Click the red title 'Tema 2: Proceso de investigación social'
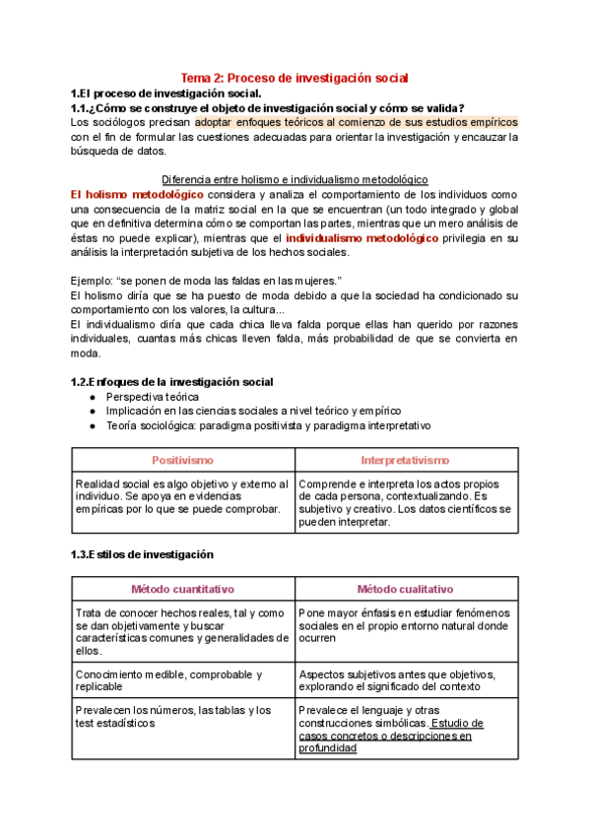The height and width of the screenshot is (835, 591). pyautogui.click(x=295, y=77)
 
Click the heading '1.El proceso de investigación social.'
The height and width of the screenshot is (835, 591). pyautogui.click(x=158, y=93)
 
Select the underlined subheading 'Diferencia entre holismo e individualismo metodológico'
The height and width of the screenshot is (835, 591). pyautogui.click(x=295, y=180)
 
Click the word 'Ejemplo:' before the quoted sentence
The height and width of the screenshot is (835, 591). pyautogui.click(x=94, y=280)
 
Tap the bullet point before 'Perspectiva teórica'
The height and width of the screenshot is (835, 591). pyautogui.click(x=92, y=397)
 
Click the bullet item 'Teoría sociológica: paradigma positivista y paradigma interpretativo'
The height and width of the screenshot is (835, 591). pyautogui.click(x=268, y=425)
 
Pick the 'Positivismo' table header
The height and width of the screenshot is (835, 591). pyautogui.click(x=182, y=460)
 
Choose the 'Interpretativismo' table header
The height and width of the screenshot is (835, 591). pyautogui.click(x=405, y=460)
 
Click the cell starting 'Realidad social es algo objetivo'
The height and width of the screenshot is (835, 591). pyautogui.click(x=182, y=496)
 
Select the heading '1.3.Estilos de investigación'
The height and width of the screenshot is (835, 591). pyautogui.click(x=142, y=554)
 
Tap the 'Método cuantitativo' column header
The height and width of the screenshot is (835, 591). pyautogui.click(x=182, y=589)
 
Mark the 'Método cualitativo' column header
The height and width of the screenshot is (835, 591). pyautogui.click(x=405, y=589)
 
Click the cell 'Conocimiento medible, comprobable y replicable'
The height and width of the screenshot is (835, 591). pyautogui.click(x=169, y=680)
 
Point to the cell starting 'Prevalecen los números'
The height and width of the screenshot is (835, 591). pyautogui.click(x=173, y=716)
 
